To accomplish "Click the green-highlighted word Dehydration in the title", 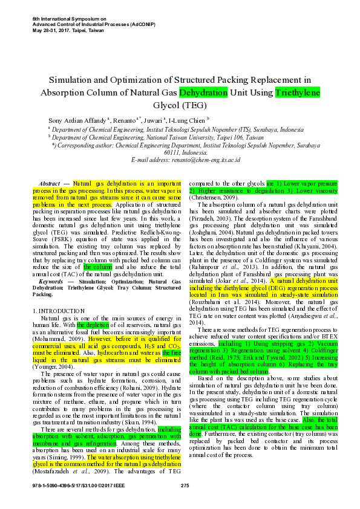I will click(203, 92).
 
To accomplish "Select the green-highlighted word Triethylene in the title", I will click(297, 92).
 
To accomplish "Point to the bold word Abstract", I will click(48, 183).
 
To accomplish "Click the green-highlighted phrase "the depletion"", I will click(94, 325).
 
